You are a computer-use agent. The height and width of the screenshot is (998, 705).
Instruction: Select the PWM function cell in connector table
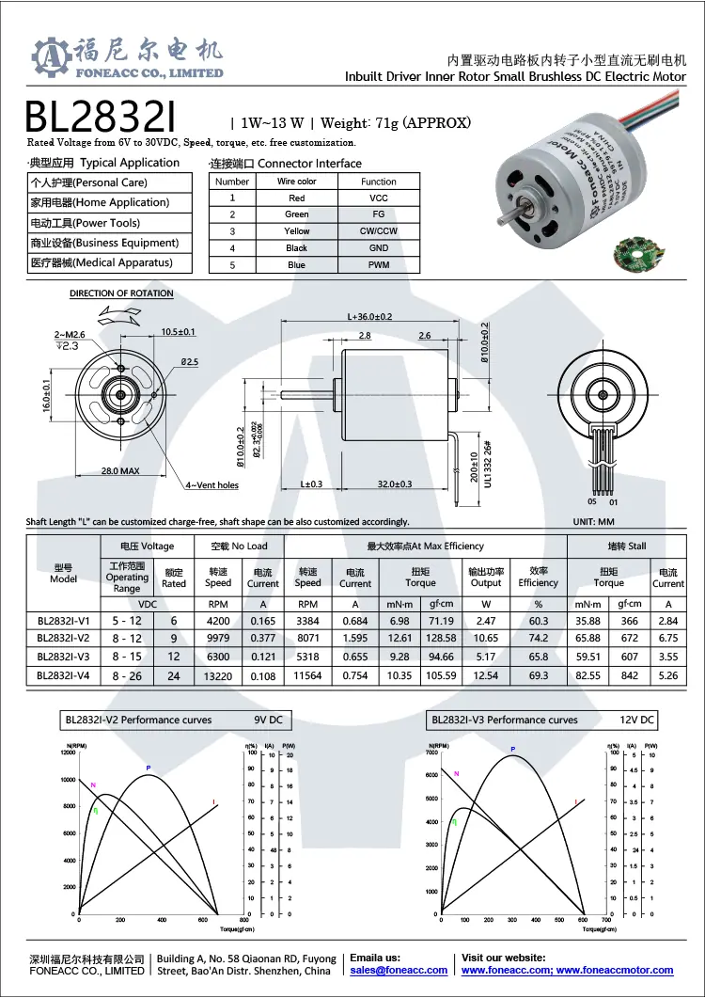[x=378, y=265]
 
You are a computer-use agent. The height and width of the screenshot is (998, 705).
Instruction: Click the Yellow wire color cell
[x=297, y=231]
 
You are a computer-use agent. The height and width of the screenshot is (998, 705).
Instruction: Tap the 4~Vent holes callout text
[x=211, y=485]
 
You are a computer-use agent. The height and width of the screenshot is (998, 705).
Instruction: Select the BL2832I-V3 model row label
[x=64, y=657]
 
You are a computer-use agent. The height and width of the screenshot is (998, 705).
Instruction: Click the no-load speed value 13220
[x=218, y=675]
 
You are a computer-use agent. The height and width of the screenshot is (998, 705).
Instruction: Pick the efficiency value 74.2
[x=539, y=638]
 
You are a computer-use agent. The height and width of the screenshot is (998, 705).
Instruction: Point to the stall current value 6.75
[x=668, y=638]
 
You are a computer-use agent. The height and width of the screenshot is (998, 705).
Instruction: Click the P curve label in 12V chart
[x=513, y=750]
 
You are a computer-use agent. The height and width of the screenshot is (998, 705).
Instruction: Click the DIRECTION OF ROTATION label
[x=121, y=294]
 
